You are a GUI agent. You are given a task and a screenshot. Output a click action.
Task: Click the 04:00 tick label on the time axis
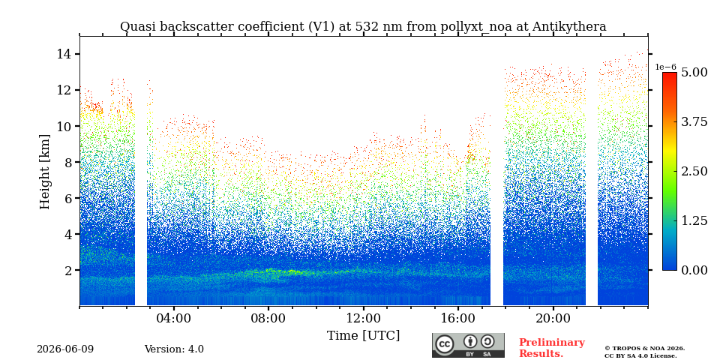174,319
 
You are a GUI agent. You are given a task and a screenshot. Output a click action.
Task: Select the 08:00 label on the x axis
268,319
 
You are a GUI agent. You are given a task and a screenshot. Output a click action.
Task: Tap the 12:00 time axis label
363,319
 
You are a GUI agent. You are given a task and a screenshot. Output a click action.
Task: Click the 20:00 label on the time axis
553,319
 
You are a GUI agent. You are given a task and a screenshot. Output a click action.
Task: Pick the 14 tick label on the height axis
62,54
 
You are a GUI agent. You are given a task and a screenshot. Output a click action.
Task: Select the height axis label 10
62,126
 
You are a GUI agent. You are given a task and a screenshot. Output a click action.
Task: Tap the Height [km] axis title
44,172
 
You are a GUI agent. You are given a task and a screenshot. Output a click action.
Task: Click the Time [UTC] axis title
363,336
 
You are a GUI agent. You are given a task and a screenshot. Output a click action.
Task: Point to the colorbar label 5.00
694,73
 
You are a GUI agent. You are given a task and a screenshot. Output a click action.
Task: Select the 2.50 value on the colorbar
694,171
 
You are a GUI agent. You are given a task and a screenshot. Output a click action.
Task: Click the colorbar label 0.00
694,270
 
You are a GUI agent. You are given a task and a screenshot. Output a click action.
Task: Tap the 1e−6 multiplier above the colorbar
665,67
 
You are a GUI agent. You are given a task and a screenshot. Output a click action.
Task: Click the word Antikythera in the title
569,27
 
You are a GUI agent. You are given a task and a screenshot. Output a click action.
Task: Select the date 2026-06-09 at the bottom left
65,349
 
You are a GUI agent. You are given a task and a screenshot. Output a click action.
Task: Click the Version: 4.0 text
174,349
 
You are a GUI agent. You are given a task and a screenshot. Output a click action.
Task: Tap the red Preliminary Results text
552,348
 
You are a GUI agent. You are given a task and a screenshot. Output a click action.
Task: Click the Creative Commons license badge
468,345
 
